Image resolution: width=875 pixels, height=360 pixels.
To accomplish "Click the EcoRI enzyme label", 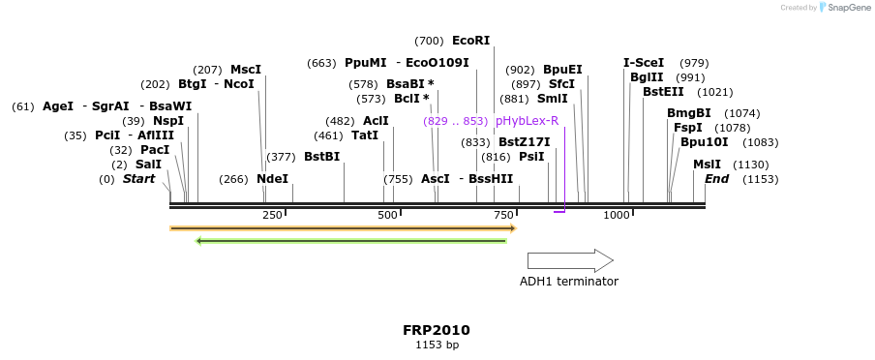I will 470,41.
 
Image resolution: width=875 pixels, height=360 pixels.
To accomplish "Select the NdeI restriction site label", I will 272,179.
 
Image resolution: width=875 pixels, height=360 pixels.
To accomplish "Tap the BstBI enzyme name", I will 321,157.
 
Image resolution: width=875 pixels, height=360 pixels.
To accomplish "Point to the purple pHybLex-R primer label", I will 527,121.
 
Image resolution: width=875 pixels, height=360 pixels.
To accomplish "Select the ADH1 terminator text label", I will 568,282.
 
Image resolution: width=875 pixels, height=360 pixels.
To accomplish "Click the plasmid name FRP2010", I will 437,330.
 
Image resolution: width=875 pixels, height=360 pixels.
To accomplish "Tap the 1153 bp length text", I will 437,345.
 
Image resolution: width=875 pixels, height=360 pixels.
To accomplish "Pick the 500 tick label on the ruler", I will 387,215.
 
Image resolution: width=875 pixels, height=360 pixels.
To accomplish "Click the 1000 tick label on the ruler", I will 617,215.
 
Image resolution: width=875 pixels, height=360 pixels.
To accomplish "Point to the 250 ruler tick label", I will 272,215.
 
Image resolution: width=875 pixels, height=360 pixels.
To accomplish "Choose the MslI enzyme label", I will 707,165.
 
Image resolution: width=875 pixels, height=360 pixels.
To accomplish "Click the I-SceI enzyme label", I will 644,63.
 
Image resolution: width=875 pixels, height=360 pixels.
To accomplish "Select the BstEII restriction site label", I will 662,92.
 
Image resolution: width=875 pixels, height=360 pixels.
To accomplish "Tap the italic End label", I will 716,179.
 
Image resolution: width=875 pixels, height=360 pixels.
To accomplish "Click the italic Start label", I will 138,179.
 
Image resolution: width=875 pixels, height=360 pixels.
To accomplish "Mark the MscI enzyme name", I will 246,70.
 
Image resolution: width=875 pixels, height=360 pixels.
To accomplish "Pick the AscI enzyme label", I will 436,179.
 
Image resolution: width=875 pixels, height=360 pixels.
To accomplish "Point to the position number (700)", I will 429,41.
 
